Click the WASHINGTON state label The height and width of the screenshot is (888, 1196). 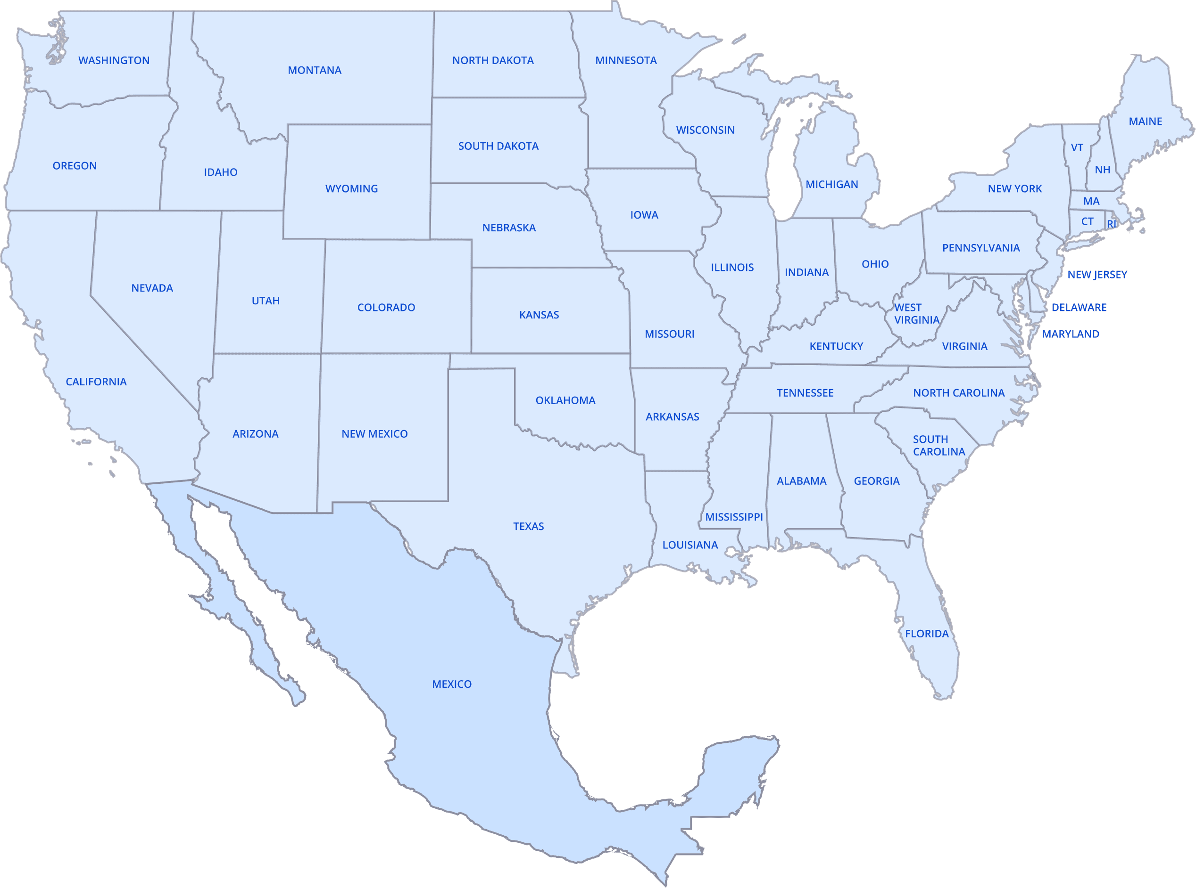point(114,60)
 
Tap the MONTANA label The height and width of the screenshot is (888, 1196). point(314,70)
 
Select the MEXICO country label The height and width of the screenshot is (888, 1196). point(451,684)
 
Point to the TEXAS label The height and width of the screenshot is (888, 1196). point(528,526)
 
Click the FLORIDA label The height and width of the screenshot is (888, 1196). point(926,634)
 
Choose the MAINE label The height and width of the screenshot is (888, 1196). point(1146,122)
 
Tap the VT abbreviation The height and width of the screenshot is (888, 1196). point(1077,147)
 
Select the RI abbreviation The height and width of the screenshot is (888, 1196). point(1112,224)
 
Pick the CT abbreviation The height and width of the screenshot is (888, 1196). point(1088,221)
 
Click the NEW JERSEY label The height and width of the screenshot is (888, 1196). point(1097,275)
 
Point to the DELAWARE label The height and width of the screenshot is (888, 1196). point(1079,308)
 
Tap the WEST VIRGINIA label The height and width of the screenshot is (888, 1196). point(916,313)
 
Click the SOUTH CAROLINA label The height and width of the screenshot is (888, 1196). point(939,446)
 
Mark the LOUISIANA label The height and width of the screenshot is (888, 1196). point(690,545)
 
